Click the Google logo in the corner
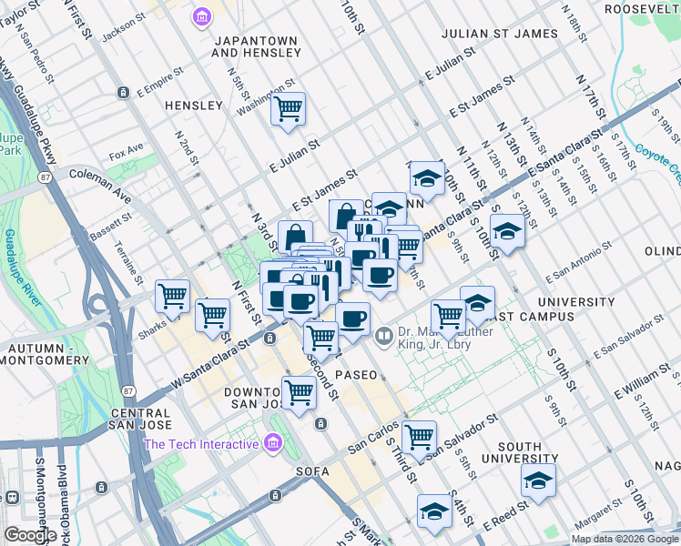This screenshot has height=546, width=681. [x=30, y=534]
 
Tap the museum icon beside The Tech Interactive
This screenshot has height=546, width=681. [x=270, y=444]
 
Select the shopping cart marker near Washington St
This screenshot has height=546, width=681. [x=289, y=110]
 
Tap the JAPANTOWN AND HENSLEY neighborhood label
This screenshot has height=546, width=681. [x=256, y=46]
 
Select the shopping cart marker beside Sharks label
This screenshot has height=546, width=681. [x=172, y=295]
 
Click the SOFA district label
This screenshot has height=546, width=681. [x=311, y=471]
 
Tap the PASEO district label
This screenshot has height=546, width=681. [x=355, y=375]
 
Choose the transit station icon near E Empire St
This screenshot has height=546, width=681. [x=123, y=93]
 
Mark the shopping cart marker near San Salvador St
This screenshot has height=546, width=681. [x=419, y=437]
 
